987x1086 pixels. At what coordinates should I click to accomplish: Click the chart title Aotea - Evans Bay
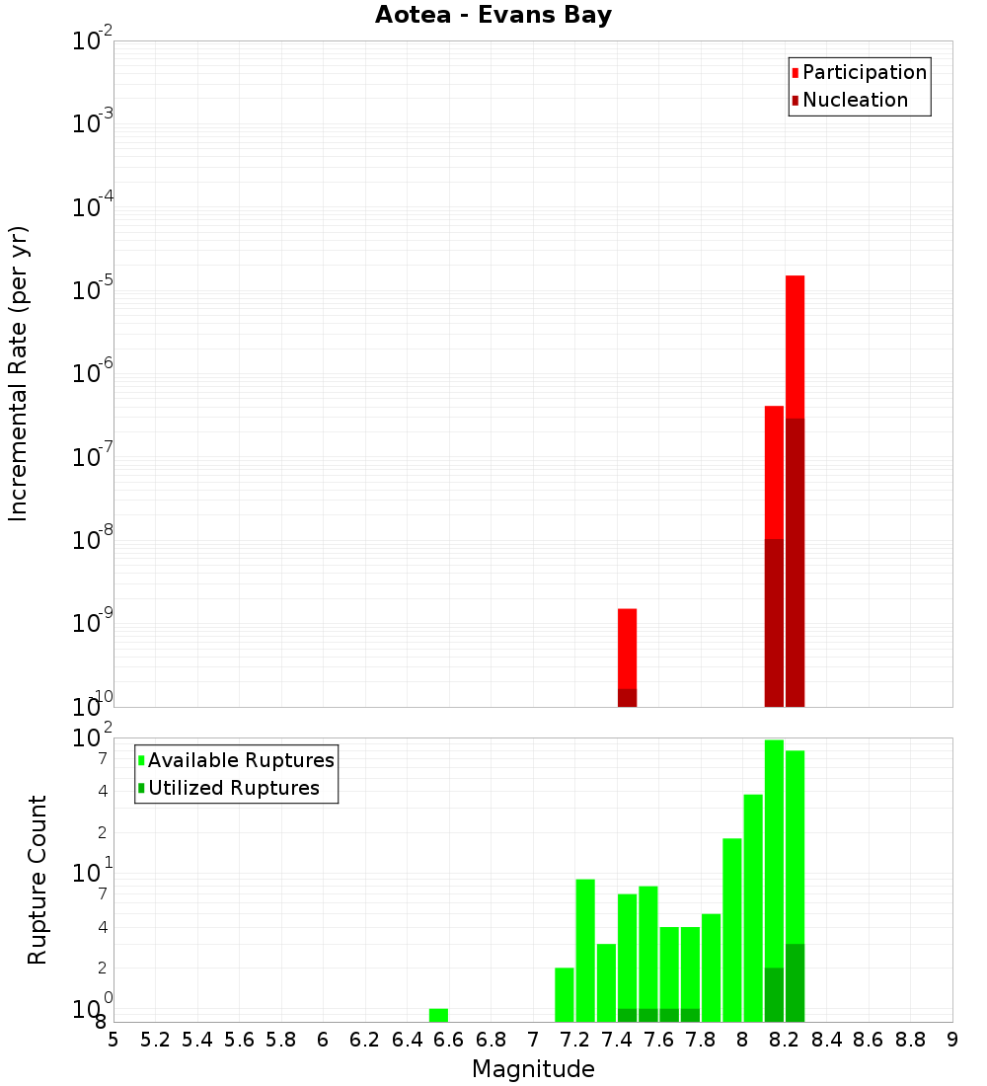pyautogui.click(x=493, y=16)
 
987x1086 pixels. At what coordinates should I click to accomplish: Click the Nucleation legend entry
pyautogui.click(x=854, y=100)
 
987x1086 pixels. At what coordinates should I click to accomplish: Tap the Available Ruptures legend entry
pyautogui.click(x=240, y=760)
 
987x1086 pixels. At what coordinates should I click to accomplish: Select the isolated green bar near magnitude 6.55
pyautogui.click(x=438, y=1015)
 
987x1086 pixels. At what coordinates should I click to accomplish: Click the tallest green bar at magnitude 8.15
pyautogui.click(x=774, y=849)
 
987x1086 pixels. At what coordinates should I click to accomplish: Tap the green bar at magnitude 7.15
pyautogui.click(x=565, y=994)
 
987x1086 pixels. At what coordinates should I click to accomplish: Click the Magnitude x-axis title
pyautogui.click(x=533, y=1069)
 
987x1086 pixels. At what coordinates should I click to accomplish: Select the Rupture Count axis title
pyautogui.click(x=38, y=880)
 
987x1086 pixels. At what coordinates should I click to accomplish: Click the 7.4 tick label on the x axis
pyautogui.click(x=617, y=1040)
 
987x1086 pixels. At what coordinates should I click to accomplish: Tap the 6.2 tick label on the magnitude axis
pyautogui.click(x=365, y=1040)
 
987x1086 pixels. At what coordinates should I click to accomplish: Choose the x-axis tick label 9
pyautogui.click(x=952, y=1040)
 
